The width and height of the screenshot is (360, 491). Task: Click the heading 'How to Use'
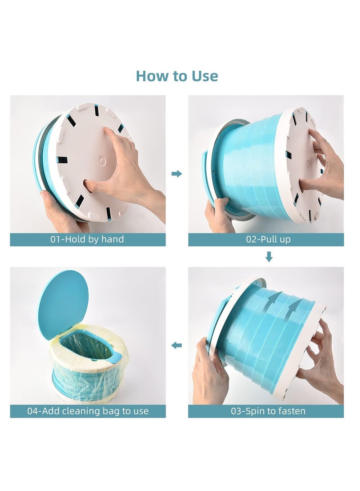pyautogui.click(x=177, y=76)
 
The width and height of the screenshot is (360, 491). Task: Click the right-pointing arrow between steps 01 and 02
pyautogui.click(x=177, y=174)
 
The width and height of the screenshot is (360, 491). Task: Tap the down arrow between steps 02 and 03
pyautogui.click(x=269, y=257)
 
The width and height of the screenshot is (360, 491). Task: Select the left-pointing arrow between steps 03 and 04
pyautogui.click(x=177, y=346)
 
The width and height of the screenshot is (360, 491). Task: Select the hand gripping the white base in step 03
pyautogui.click(x=319, y=360)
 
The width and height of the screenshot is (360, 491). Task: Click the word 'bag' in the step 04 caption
pyautogui.click(x=118, y=411)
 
